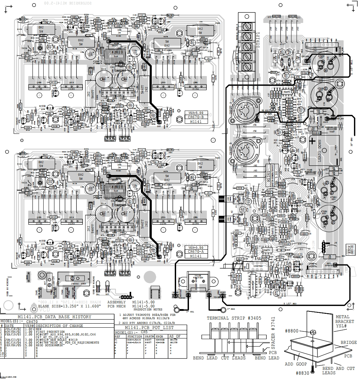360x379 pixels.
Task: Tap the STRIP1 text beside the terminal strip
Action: [258, 40]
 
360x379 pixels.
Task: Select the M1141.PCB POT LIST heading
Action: [149, 327]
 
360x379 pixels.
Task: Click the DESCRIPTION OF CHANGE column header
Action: [62, 326]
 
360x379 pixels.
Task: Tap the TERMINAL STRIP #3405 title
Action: [234, 318]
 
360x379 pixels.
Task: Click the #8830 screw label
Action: [302, 373]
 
